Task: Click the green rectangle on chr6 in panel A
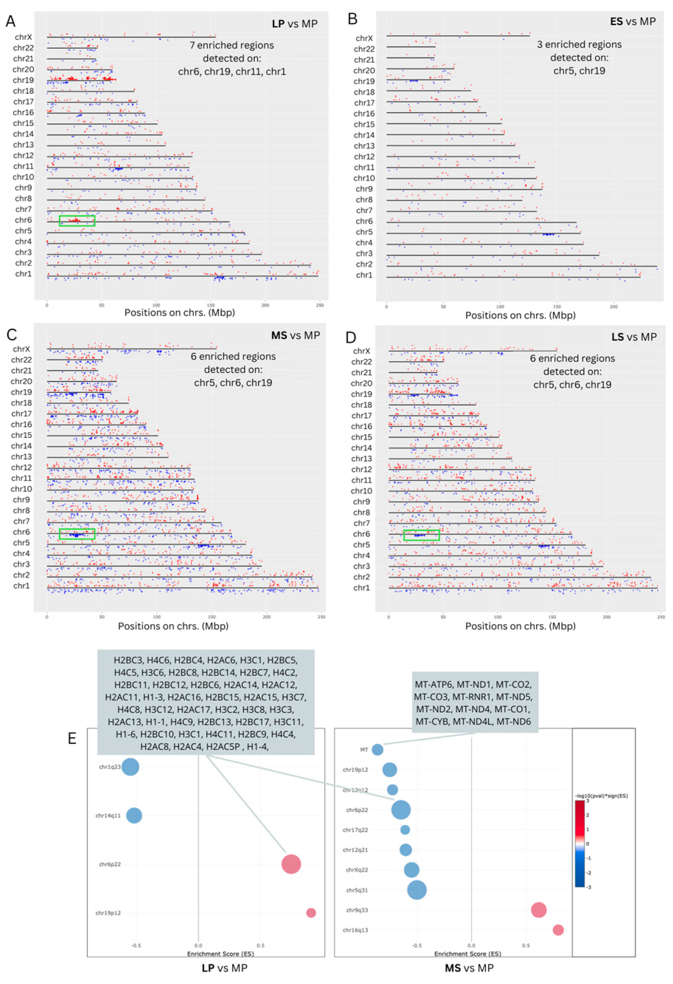point(77,221)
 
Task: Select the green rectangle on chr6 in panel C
point(77,534)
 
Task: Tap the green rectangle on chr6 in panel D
point(421,535)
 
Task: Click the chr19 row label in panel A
point(23,80)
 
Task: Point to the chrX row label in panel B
point(364,38)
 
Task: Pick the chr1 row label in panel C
point(21,586)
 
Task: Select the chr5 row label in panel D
point(361,545)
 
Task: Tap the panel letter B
point(352,20)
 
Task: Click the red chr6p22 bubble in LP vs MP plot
point(291,864)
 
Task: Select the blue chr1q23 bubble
point(131,766)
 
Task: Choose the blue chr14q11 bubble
point(134,815)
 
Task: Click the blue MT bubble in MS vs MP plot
point(378,749)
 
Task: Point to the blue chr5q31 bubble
point(417,890)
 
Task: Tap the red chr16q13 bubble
point(558,930)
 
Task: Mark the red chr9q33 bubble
point(538,909)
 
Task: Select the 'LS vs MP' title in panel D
point(634,337)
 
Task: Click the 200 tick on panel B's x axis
point(614,307)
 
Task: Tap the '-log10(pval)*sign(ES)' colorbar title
point(601,796)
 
